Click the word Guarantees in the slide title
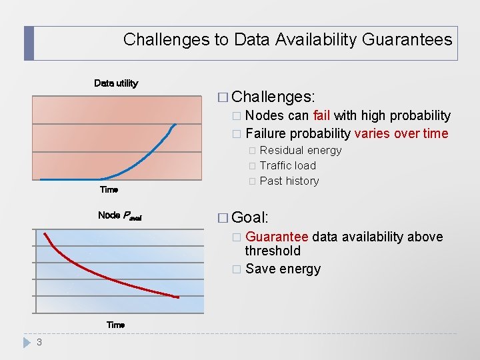point(407,39)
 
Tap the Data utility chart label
point(116,83)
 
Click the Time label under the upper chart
point(109,190)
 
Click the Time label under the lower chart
point(115,325)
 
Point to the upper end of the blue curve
point(175,125)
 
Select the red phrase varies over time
point(401,133)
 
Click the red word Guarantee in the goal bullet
point(277,237)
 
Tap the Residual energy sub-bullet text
point(300,151)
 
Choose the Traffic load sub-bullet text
point(287,165)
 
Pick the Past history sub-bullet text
point(289,181)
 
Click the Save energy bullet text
point(283,269)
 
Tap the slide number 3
point(39,343)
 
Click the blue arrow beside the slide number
point(27,343)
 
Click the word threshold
point(273,251)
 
